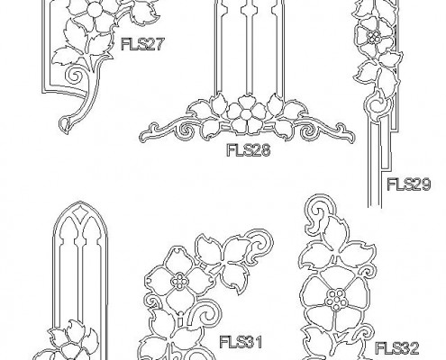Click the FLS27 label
pyautogui.click(x=143, y=44)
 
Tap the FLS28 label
pyautogui.click(x=249, y=150)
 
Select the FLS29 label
pyautogui.click(x=409, y=184)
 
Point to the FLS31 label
pyautogui.click(x=241, y=342)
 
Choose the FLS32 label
pyautogui.click(x=397, y=348)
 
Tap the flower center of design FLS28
pyautogui.click(x=246, y=114)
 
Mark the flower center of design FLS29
pyautogui.click(x=374, y=37)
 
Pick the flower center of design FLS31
pyautogui.click(x=179, y=281)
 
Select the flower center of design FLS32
pyautogui.click(x=335, y=299)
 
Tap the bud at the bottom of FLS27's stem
pyautogui.click(x=64, y=124)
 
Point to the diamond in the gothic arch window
pyautogui.click(x=80, y=212)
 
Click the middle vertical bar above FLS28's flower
pyautogui.click(x=249, y=47)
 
